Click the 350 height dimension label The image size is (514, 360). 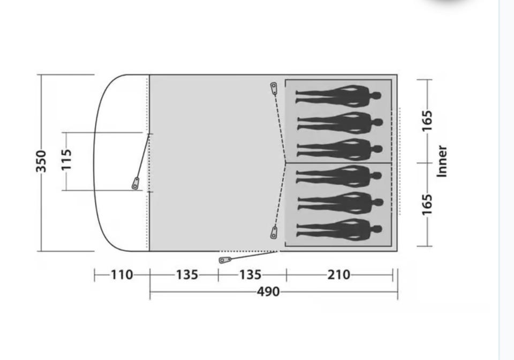point(41,161)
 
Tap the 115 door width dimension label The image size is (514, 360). point(66,160)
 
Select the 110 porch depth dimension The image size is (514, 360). point(122,275)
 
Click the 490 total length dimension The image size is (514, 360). point(268,291)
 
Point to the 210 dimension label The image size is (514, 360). point(339,275)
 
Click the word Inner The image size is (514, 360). point(442,161)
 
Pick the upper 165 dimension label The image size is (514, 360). point(427,121)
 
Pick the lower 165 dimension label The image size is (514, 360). point(427,205)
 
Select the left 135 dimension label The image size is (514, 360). point(187,275)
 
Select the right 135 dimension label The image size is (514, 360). point(250,275)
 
